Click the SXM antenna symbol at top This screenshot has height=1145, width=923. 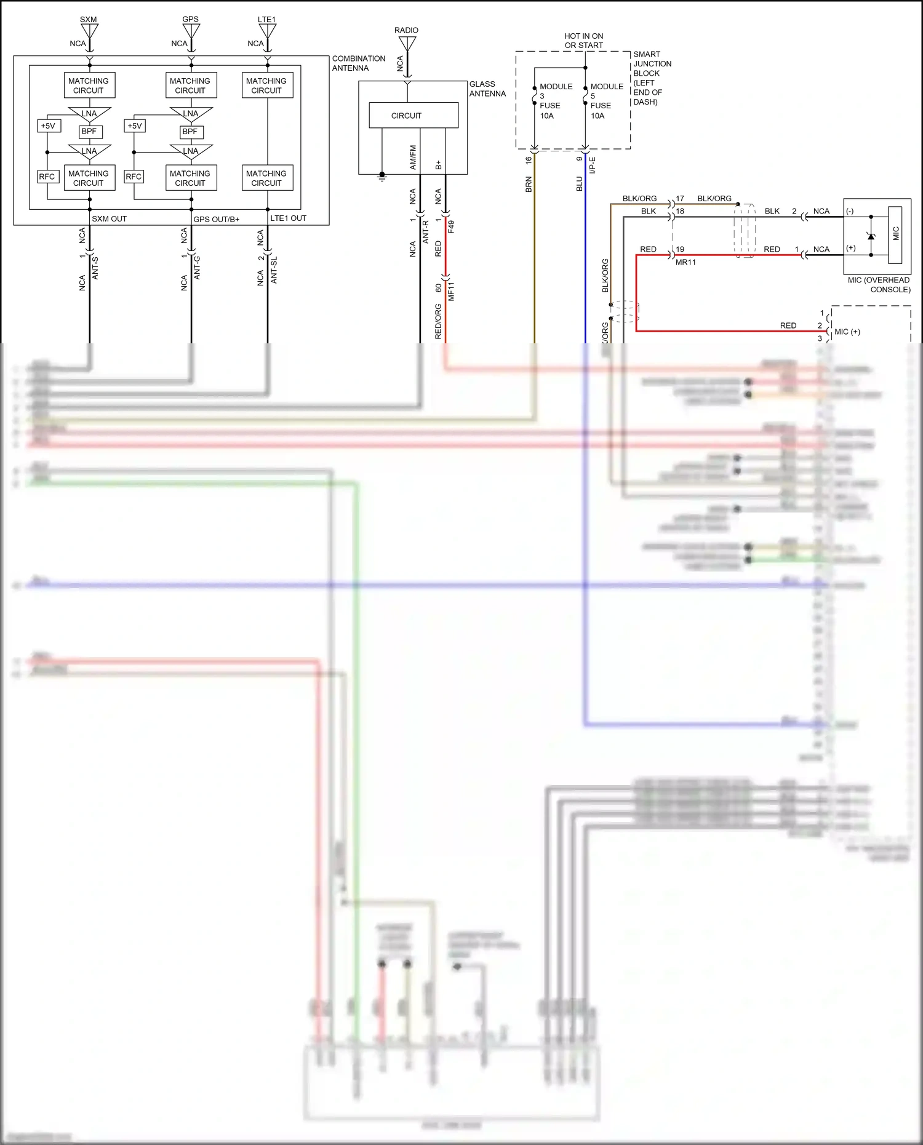pyautogui.click(x=89, y=31)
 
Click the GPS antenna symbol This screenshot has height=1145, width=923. pyautogui.click(x=191, y=31)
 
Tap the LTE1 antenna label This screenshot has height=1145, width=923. pyautogui.click(x=266, y=19)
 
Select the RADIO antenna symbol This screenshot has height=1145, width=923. pyautogui.click(x=407, y=44)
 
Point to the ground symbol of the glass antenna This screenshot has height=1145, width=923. pyautogui.click(x=382, y=177)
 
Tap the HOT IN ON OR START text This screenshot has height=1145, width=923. pyautogui.click(x=583, y=41)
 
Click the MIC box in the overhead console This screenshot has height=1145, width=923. pyautogui.click(x=895, y=233)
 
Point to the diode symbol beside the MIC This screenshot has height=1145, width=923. pyautogui.click(x=871, y=236)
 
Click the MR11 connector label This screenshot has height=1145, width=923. pyautogui.click(x=685, y=262)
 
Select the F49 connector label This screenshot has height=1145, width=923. pyautogui.click(x=451, y=226)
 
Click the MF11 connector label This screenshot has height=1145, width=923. pyautogui.click(x=451, y=291)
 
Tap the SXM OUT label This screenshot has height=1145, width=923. pyautogui.click(x=110, y=218)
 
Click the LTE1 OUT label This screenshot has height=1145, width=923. pyautogui.click(x=288, y=218)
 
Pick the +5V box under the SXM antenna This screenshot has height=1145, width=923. pyautogui.click(x=48, y=126)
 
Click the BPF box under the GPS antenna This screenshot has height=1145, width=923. pyautogui.click(x=190, y=132)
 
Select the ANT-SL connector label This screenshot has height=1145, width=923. pyautogui.click(x=274, y=269)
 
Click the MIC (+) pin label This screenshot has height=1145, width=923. pyautogui.click(x=847, y=332)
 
